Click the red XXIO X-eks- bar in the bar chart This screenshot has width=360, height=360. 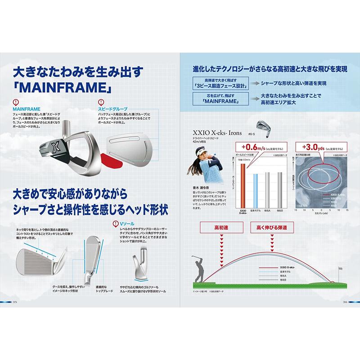coord(243,184)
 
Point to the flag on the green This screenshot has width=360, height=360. coord(341,270)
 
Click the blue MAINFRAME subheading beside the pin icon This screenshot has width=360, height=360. coord(27,109)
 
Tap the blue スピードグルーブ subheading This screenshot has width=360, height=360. coord(112,109)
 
